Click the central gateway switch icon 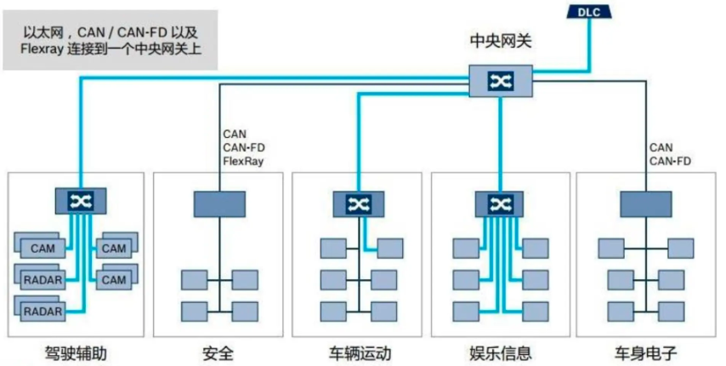pos(499,80)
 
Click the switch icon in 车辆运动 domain pos(357,203)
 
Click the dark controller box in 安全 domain pos(218,203)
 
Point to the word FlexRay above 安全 pos(244,160)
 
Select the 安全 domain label pos(218,351)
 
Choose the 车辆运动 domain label pos(360,351)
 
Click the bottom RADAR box pos(43,311)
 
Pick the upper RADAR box pos(43,280)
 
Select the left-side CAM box pos(43,249)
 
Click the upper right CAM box pos(114,249)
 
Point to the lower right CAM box pos(114,279)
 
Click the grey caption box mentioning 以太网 pos(110,40)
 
